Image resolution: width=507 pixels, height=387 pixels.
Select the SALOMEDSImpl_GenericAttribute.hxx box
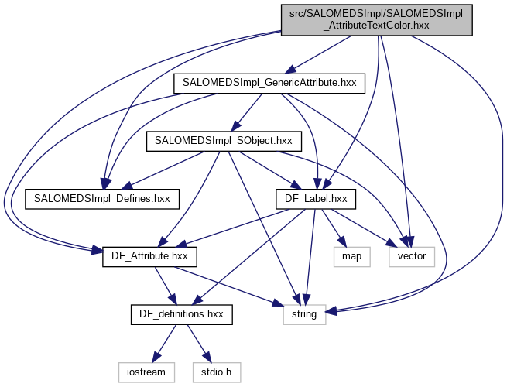269,82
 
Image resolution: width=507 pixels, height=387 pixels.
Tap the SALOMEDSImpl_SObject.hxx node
223,141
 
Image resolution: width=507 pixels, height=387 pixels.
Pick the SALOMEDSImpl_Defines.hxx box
102,199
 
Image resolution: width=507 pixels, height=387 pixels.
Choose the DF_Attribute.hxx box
149,255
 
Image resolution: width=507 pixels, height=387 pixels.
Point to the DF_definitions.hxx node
181,314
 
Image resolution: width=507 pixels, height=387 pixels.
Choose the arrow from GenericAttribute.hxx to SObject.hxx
246,111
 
